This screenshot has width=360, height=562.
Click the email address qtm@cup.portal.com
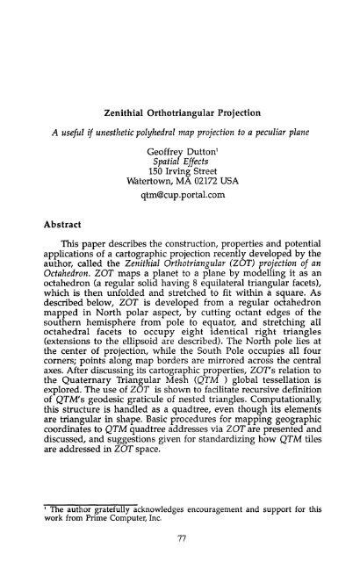pyautogui.click(x=180, y=175)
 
